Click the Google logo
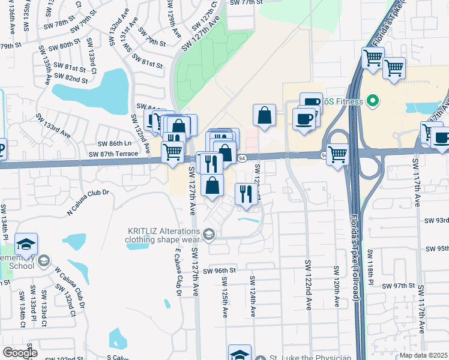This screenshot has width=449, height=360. coord(20,353)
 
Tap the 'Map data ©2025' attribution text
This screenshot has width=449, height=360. coord(423,355)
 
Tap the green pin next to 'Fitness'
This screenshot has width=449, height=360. coord(372,101)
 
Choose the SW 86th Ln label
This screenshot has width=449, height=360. coord(114,144)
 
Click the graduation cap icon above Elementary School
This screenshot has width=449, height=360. coord(26,244)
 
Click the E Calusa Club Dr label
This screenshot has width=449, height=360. coord(178,274)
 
